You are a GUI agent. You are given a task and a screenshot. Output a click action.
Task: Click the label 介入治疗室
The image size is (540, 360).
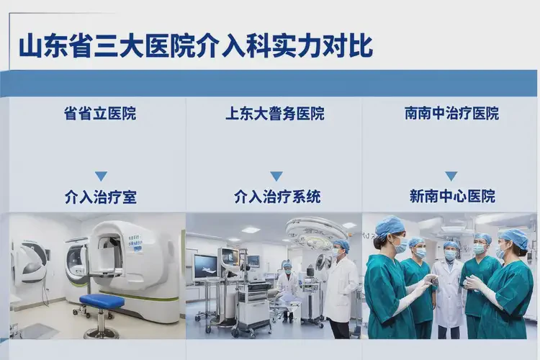coord(100,197)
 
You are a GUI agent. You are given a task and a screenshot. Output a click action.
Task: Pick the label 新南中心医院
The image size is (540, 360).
coord(451,197)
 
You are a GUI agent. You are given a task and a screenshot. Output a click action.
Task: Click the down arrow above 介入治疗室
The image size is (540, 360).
coord(101,176)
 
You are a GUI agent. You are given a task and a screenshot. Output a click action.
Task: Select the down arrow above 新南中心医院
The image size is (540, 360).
coord(451,176)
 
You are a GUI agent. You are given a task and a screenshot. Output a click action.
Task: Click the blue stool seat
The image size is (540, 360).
coord(102,300)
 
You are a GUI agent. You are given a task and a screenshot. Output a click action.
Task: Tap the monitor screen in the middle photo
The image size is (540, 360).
coord(205,267)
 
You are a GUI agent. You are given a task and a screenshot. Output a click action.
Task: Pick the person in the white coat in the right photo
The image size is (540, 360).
coord(450,288)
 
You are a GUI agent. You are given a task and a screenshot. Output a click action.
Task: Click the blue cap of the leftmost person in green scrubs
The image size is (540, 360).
coord(390,226)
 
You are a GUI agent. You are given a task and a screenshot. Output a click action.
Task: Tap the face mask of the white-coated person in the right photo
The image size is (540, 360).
coord(451,255)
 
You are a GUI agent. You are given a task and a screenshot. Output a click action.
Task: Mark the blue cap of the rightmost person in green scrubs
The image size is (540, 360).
coord(515,238)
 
